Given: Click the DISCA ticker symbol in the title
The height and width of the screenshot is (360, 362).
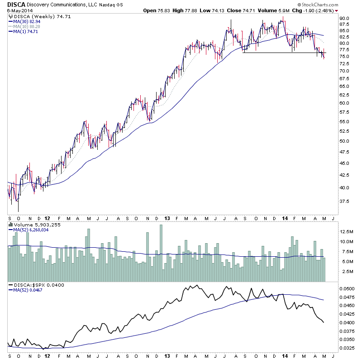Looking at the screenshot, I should (x=11, y=4).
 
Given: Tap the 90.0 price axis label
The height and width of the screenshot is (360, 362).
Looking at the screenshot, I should (x=345, y=19).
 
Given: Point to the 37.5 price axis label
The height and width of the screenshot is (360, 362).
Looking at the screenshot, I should (x=345, y=201).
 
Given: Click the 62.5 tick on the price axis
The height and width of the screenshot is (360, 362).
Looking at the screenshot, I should (x=345, y=95).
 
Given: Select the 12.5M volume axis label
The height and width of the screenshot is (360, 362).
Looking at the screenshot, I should (x=346, y=231).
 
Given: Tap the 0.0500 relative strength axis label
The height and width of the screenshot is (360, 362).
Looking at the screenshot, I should (x=347, y=288).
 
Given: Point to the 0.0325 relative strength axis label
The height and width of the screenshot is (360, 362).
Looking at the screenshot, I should (x=347, y=348).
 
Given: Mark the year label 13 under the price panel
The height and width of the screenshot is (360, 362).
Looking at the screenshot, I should (x=167, y=218).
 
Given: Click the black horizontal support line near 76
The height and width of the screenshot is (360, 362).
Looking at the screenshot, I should (x=281, y=53).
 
